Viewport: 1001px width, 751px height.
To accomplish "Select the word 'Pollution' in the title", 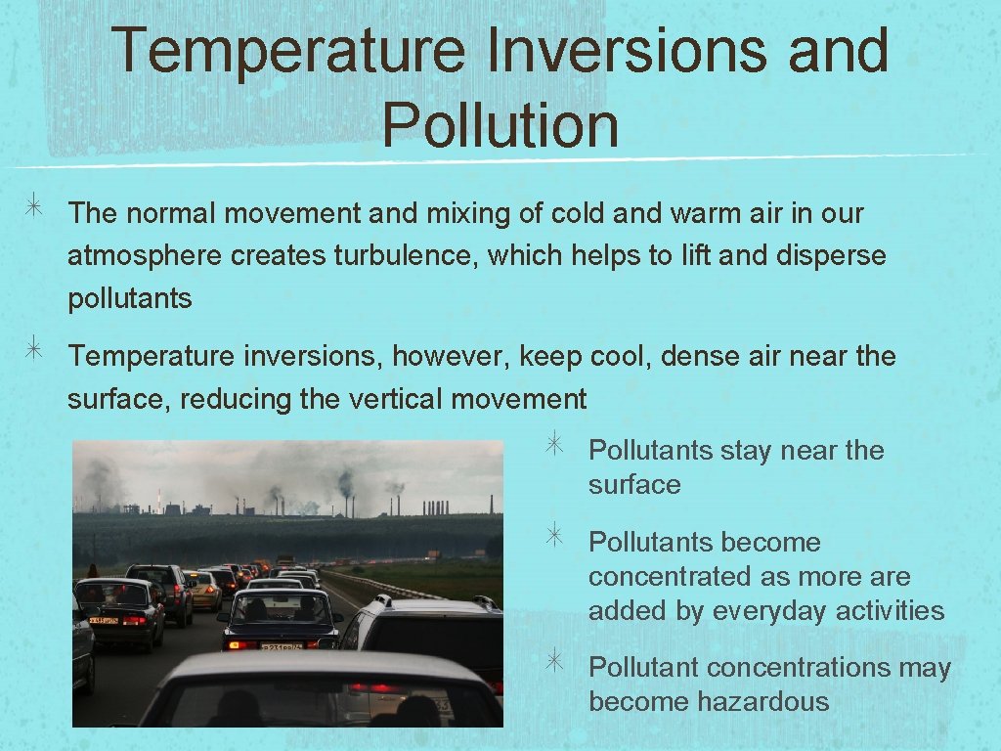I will (500, 125).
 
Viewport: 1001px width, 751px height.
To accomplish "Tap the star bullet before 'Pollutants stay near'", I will (553, 445).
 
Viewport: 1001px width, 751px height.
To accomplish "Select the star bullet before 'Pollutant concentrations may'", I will (553, 662).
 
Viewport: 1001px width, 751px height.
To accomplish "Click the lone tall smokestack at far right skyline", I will (492, 504).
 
